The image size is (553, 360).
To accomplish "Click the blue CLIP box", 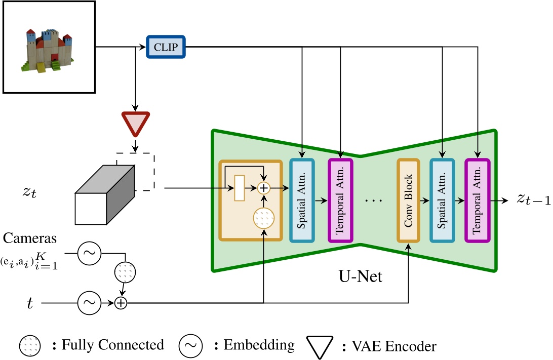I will (x=166, y=47).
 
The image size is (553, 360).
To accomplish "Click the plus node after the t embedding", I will (x=121, y=303).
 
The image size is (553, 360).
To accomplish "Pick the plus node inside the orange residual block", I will (x=263, y=188).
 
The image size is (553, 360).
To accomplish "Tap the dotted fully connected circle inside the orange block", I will (x=263, y=218).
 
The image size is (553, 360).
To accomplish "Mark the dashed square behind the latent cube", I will (x=142, y=171).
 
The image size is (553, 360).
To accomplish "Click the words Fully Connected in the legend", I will (x=112, y=345).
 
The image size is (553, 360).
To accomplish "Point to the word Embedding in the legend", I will (x=259, y=345).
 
